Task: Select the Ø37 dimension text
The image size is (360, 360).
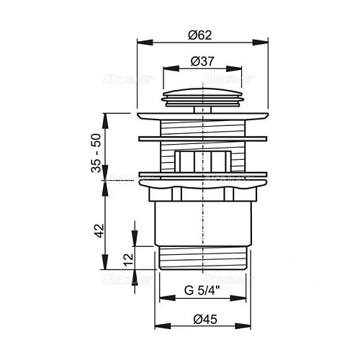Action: pos(203,62)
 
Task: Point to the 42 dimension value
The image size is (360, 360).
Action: pos(100,230)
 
